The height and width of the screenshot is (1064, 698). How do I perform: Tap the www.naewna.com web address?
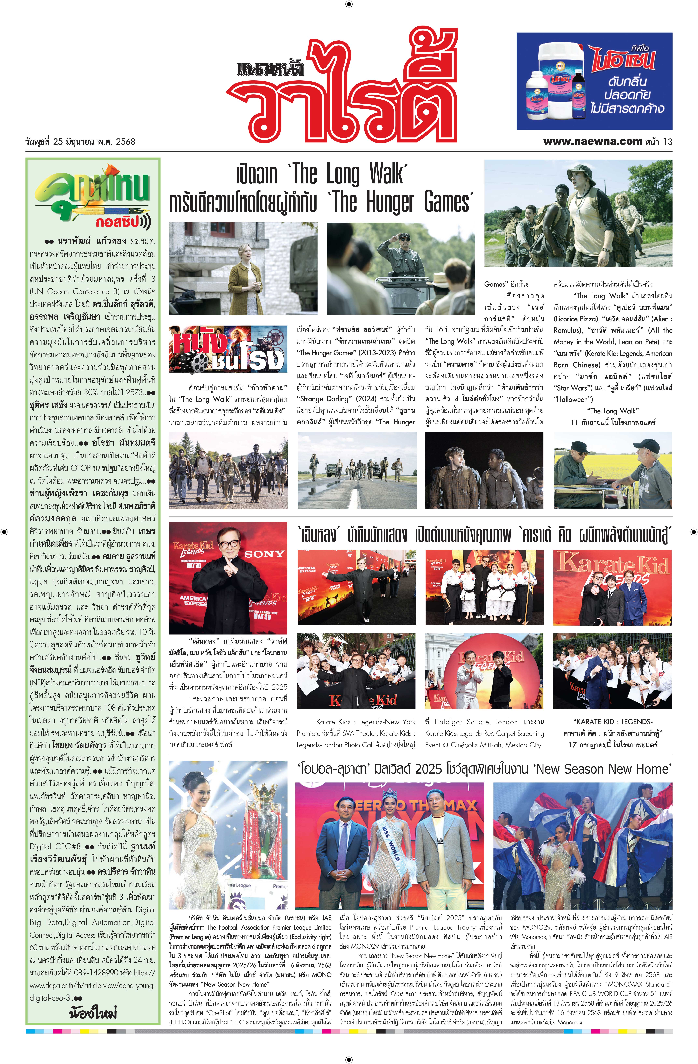click(592, 142)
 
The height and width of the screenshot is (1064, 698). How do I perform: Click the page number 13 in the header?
click(668, 142)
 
